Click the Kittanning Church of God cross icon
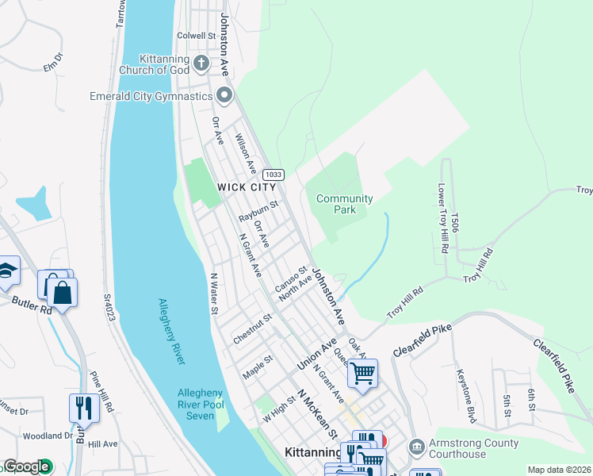click(201, 63)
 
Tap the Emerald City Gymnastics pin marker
click(224, 96)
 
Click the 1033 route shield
click(274, 175)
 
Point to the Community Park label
click(344, 204)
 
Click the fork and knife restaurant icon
click(84, 409)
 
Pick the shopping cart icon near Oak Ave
click(362, 374)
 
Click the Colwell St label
click(197, 36)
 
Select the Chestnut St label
click(252, 328)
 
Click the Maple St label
click(258, 367)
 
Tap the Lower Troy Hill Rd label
click(442, 219)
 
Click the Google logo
click(26, 466)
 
